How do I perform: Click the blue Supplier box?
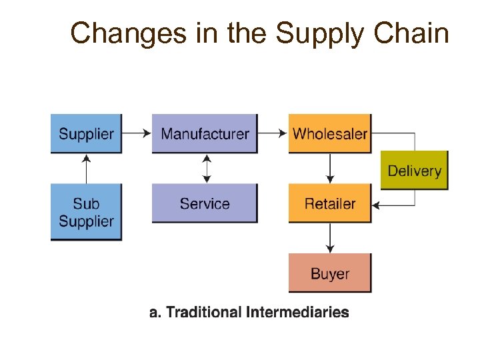86,133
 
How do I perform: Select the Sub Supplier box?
86,212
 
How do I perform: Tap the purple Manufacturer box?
204,133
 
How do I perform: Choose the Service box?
204,203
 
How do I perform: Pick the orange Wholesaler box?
329,133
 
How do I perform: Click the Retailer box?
329,203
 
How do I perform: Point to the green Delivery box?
414,171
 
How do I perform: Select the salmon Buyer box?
329,273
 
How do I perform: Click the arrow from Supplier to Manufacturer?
137,133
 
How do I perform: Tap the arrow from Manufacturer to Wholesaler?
272,133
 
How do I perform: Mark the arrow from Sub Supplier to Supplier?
86,168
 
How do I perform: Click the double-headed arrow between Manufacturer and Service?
207,169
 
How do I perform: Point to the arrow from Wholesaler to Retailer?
330,169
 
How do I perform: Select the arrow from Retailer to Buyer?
330,238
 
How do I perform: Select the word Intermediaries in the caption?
297,312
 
